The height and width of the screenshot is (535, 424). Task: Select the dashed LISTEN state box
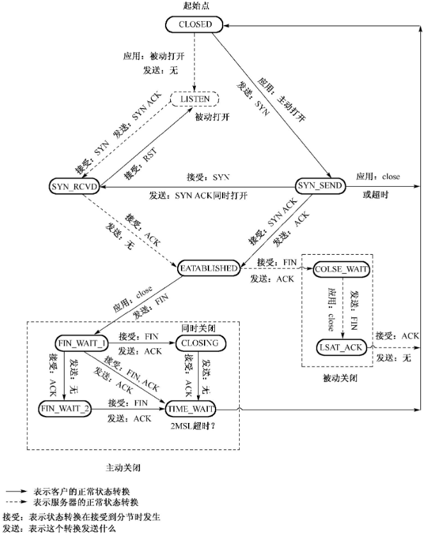pos(194,99)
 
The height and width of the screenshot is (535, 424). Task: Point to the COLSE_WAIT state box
pos(342,269)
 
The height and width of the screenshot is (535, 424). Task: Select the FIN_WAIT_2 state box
pos(66,408)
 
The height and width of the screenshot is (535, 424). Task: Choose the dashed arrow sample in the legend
pos(17,502)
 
